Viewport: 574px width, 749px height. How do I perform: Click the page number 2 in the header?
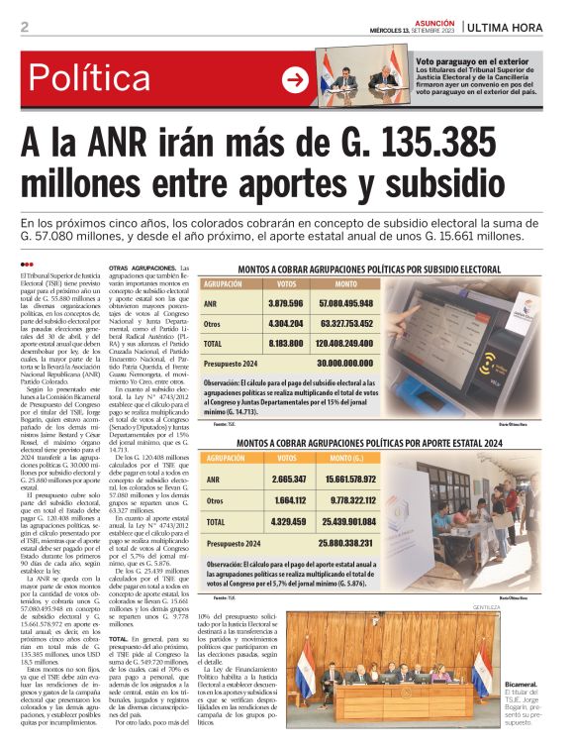coord(24,27)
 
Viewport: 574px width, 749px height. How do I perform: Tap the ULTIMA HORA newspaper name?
coord(517,26)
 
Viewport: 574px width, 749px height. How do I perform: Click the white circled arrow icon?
coord(295,78)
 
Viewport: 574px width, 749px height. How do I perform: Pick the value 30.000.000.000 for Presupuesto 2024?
coord(345,364)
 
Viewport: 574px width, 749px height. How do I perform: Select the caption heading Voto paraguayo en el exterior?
coord(471,60)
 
